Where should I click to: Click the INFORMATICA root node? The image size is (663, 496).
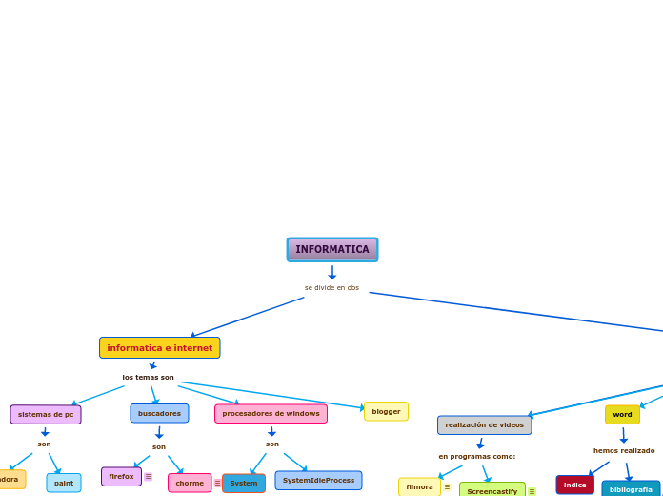pyautogui.click(x=332, y=250)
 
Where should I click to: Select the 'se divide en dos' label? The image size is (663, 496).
pyautogui.click(x=332, y=287)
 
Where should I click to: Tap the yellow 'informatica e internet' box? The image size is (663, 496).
pyautogui.click(x=160, y=348)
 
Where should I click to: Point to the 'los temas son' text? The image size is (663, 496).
pyautogui.click(x=149, y=377)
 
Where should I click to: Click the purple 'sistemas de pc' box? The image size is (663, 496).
pyautogui.click(x=46, y=414)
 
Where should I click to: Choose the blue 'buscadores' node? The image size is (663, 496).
pyautogui.click(x=159, y=413)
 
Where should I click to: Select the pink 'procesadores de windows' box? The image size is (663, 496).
pyautogui.click(x=271, y=413)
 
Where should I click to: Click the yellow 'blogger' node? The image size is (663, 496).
pyautogui.click(x=386, y=411)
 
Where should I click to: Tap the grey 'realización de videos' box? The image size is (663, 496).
pyautogui.click(x=484, y=424)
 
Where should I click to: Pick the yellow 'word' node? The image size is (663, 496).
pyautogui.click(x=622, y=414)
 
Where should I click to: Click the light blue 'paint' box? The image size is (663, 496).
pyautogui.click(x=64, y=483)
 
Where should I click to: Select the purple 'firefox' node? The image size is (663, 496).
pyautogui.click(x=121, y=476)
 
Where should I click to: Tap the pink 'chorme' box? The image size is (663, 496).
pyautogui.click(x=190, y=483)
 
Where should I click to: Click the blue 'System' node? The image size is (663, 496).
pyautogui.click(x=244, y=483)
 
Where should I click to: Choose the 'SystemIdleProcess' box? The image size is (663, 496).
pyautogui.click(x=318, y=480)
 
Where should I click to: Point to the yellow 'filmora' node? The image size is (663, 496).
pyautogui.click(x=419, y=486)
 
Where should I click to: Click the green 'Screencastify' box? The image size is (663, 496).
pyautogui.click(x=492, y=490)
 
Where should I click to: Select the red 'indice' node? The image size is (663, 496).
pyautogui.click(x=574, y=485)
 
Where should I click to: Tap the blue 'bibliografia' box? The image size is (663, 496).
pyautogui.click(x=631, y=489)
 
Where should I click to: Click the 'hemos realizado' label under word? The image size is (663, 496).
pyautogui.click(x=624, y=450)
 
